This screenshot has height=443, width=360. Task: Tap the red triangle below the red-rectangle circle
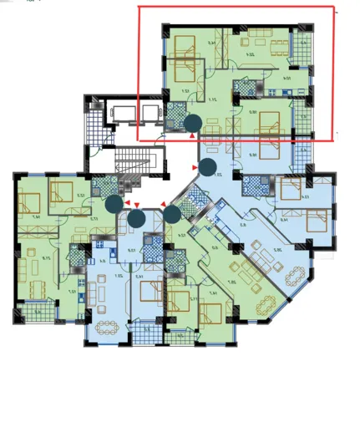tap(193, 135)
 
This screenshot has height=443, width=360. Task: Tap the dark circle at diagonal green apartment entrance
tap(171, 213)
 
